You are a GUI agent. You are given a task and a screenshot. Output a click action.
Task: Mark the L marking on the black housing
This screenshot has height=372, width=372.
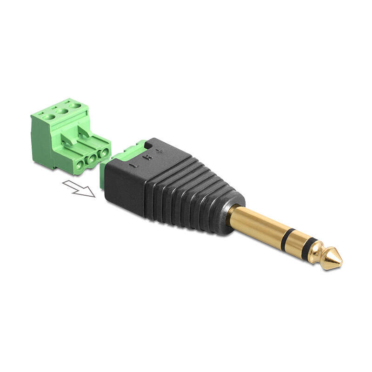tap(133, 164)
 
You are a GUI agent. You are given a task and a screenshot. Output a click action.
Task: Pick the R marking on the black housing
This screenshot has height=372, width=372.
tap(147, 158)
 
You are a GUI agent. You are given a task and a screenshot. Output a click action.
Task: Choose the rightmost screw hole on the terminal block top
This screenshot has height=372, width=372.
tap(73, 106)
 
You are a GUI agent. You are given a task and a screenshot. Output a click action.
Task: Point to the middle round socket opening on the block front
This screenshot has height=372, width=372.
tap(92, 159)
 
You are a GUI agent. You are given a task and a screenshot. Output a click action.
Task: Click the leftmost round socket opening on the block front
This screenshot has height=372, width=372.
tap(81, 164)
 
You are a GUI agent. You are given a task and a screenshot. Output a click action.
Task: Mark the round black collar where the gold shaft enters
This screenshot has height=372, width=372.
tap(231, 215)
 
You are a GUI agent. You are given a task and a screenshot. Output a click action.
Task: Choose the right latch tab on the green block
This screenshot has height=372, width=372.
tap(84, 131)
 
